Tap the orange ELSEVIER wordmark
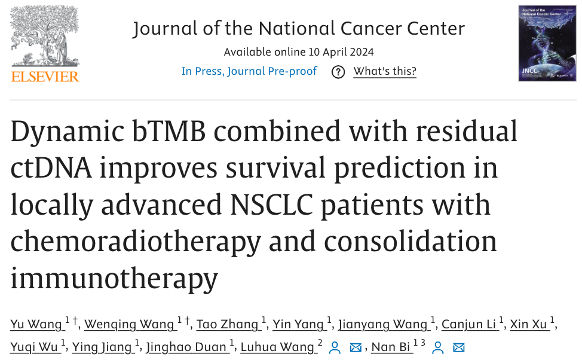click(45, 76)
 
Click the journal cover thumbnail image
click(547, 43)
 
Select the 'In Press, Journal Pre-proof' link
click(249, 71)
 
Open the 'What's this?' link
click(385, 71)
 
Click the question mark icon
click(338, 72)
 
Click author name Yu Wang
click(36, 325)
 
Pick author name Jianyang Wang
click(383, 325)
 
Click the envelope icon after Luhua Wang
click(356, 347)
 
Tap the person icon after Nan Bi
click(438, 347)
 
